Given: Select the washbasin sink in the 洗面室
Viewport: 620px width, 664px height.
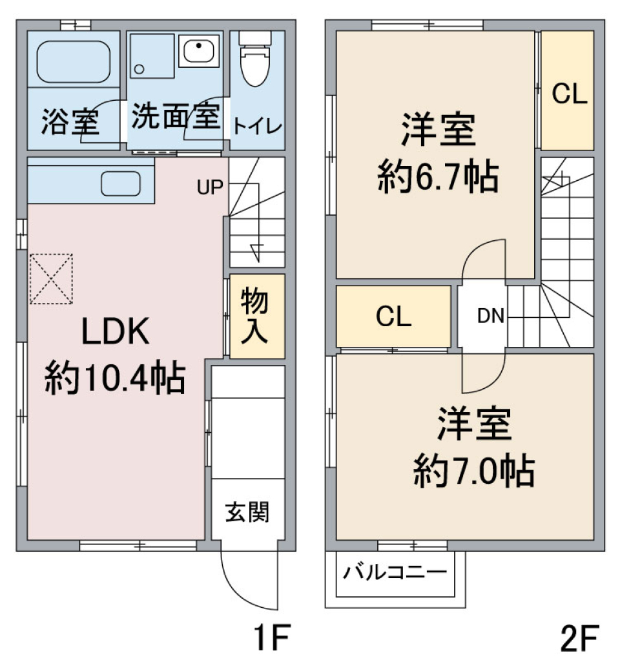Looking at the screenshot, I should click(x=200, y=50).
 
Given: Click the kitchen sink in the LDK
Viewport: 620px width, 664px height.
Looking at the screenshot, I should click(x=120, y=184).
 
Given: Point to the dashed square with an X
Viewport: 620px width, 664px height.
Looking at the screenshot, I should click(x=51, y=278).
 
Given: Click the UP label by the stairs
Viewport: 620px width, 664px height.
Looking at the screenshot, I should click(x=210, y=187).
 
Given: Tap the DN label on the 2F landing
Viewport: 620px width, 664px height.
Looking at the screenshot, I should click(x=491, y=316).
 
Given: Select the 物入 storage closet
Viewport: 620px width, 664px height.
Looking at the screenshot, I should click(x=256, y=316).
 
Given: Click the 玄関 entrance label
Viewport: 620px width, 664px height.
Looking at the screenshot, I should click(x=247, y=514).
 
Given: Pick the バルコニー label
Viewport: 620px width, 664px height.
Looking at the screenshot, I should click(x=394, y=572).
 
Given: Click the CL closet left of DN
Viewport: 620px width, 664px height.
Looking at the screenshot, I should click(x=393, y=316).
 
